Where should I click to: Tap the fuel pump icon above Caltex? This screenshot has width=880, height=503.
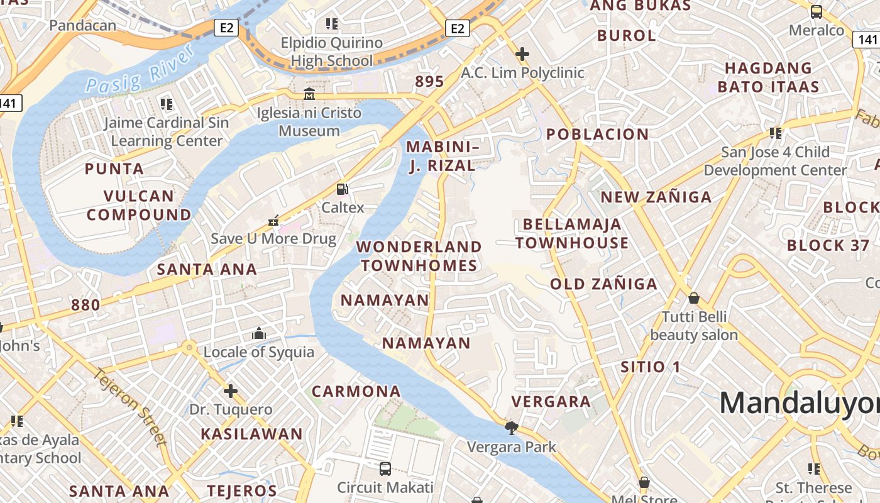click(x=343, y=189)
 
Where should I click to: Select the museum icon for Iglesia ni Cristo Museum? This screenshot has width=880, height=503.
click(x=309, y=95)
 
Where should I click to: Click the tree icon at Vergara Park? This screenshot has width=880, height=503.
click(x=512, y=428)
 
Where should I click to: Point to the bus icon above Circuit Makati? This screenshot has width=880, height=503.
click(x=385, y=468)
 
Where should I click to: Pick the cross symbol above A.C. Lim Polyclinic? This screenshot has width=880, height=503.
click(x=522, y=54)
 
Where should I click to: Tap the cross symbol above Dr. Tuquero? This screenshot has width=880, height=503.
click(x=231, y=391)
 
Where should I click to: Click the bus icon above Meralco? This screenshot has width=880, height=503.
click(x=817, y=11)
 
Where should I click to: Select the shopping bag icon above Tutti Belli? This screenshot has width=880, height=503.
click(x=694, y=297)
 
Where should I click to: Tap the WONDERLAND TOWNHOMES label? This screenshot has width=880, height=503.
click(x=419, y=256)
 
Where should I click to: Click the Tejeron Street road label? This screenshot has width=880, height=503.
click(x=131, y=406)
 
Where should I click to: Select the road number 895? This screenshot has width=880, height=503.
click(x=429, y=81)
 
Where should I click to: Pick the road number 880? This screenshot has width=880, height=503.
click(x=85, y=305)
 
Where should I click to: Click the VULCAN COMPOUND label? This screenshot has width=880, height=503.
click(x=139, y=205)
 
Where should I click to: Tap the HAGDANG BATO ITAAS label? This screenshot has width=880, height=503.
click(x=768, y=77)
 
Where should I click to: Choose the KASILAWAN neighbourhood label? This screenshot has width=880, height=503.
click(x=251, y=434)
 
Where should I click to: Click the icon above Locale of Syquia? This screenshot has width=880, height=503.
click(x=258, y=333)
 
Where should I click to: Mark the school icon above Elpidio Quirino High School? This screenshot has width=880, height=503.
click(x=331, y=24)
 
